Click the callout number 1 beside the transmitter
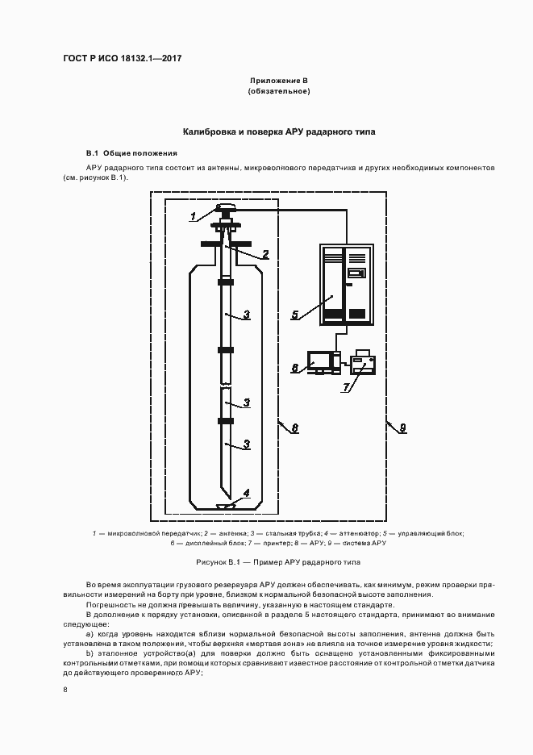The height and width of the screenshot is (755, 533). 194,216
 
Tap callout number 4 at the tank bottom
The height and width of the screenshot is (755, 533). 247,493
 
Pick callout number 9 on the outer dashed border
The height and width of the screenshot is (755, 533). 402,428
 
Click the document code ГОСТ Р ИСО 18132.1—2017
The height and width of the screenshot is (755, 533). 122,59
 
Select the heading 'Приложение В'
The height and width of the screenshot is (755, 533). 279,81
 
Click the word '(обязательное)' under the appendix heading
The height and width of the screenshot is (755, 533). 279,91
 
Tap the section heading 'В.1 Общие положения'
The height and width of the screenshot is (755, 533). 131,152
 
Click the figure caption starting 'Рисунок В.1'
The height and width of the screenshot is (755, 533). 279,561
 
